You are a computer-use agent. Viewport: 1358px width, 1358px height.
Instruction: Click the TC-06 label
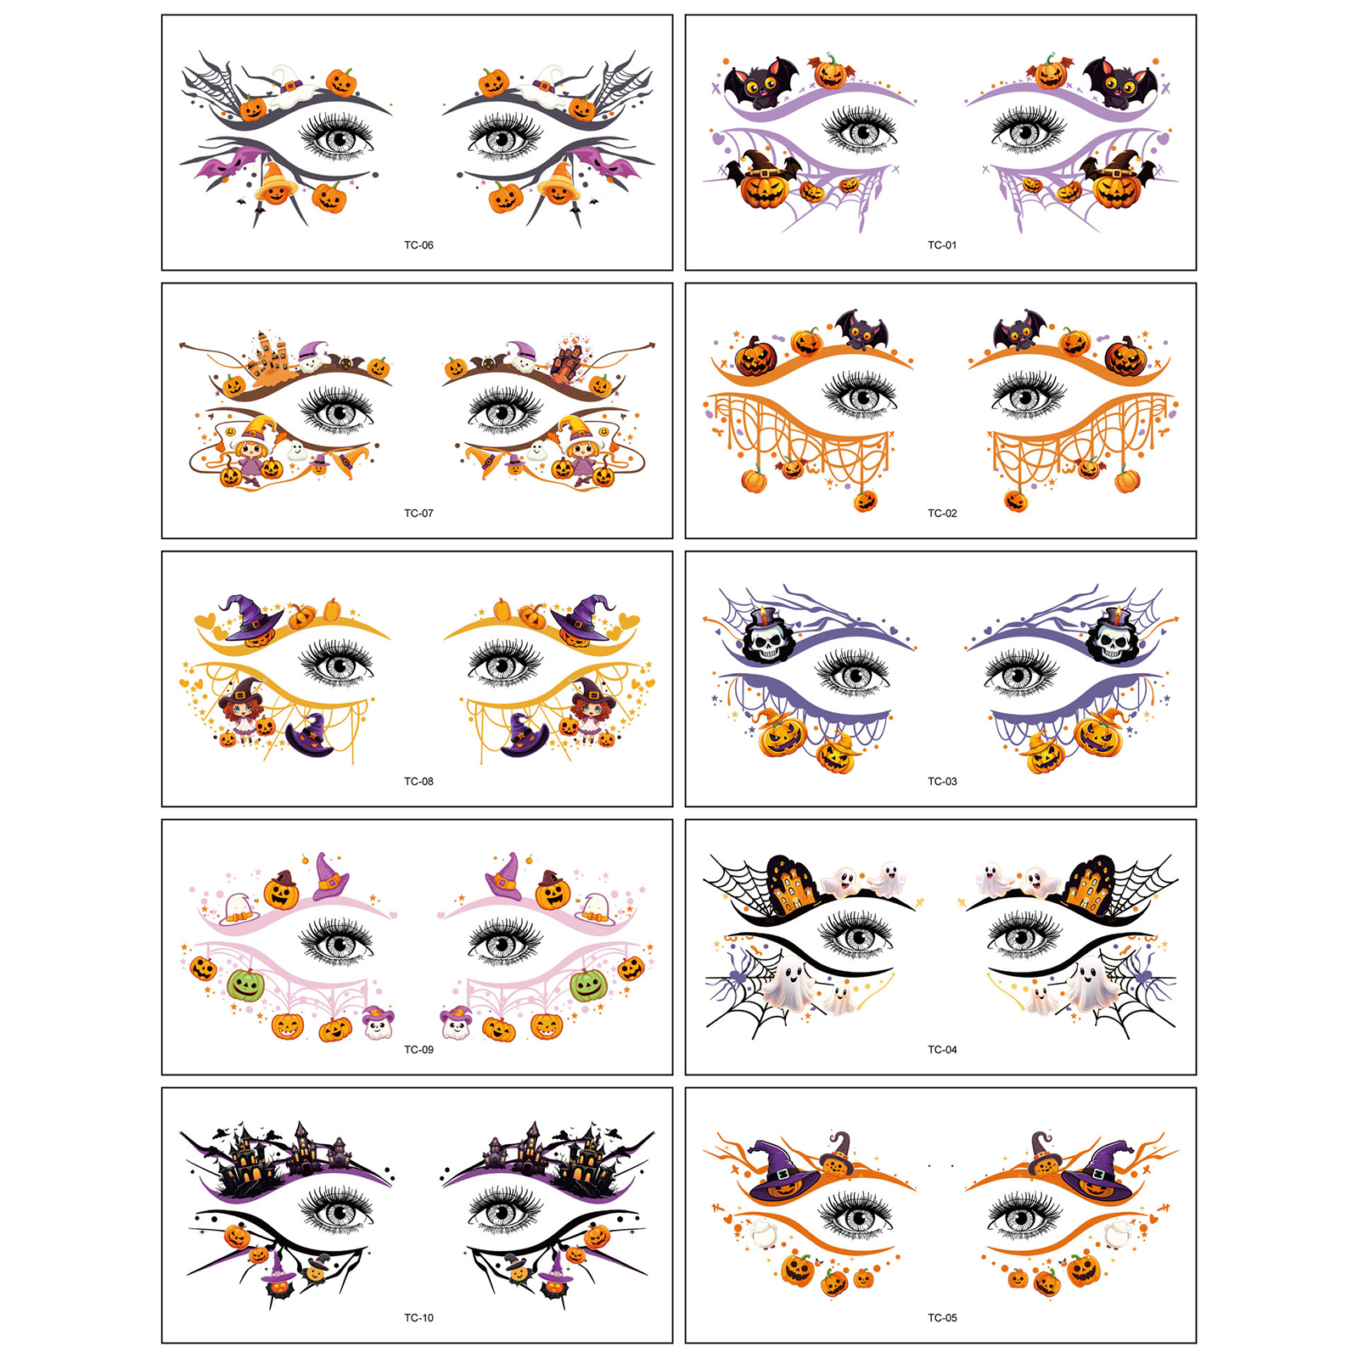point(418,245)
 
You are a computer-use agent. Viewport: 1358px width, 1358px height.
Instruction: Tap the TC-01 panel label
point(942,245)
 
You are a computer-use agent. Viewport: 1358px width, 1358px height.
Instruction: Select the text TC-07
point(418,513)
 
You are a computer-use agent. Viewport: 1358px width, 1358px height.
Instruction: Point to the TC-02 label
point(942,513)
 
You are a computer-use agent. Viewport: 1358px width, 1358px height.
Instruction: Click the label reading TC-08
point(418,782)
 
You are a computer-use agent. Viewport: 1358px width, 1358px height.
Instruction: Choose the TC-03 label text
point(942,782)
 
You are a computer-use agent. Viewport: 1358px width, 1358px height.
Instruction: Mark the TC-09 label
point(418,1050)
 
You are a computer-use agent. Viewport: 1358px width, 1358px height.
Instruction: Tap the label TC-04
point(942,1050)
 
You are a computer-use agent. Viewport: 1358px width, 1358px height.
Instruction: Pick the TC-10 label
point(418,1318)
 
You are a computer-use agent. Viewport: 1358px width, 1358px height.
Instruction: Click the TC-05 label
point(942,1318)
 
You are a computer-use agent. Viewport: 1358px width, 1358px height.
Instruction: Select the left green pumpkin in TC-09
point(246,985)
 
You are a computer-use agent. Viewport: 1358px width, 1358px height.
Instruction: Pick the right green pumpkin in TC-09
point(587,985)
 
